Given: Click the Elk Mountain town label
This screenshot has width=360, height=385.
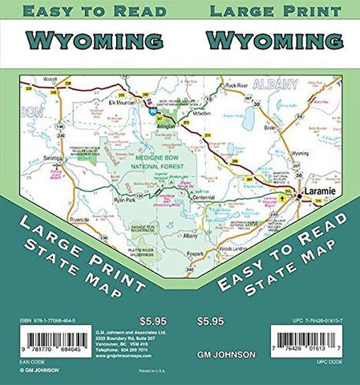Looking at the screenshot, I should [x=127, y=103].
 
